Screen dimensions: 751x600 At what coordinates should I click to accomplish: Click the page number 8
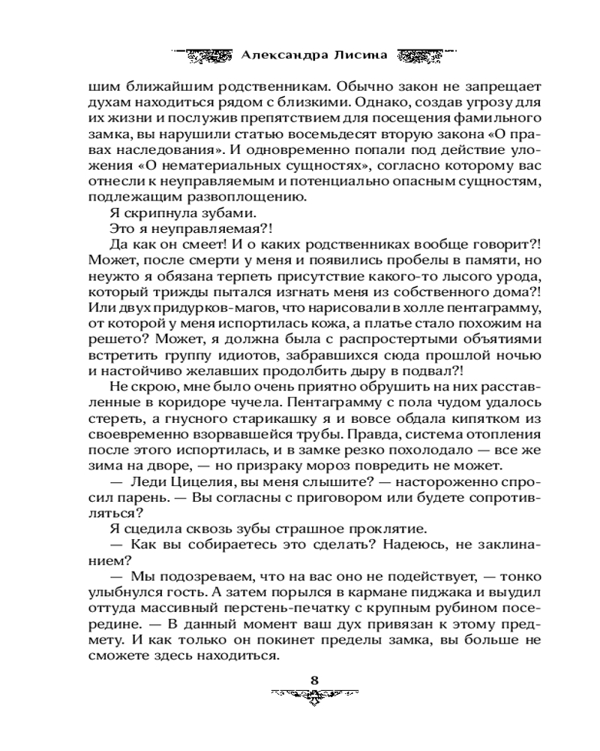click(x=315, y=680)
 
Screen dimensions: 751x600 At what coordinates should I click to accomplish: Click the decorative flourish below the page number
click(x=315, y=696)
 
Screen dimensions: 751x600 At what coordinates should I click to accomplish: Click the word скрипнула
click(x=145, y=214)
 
